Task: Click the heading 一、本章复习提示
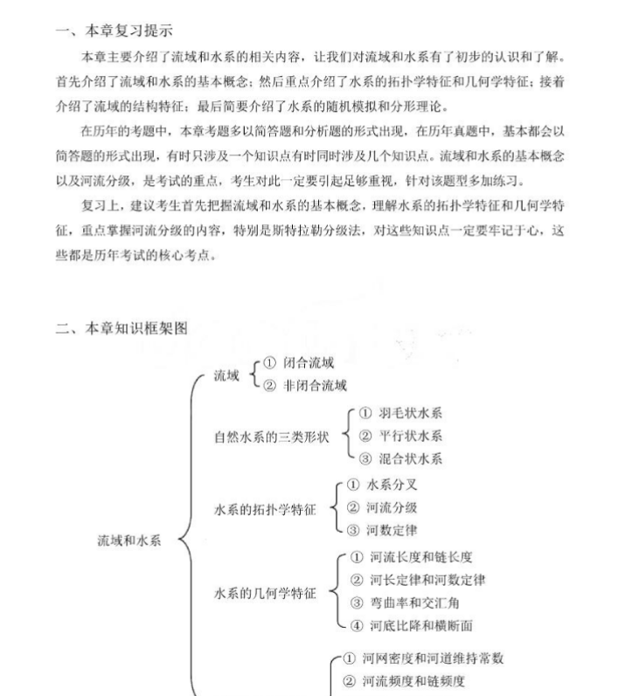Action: [113, 31]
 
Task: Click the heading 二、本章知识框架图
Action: [121, 328]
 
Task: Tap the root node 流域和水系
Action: [129, 541]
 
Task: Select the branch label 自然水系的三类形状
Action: [272, 438]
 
